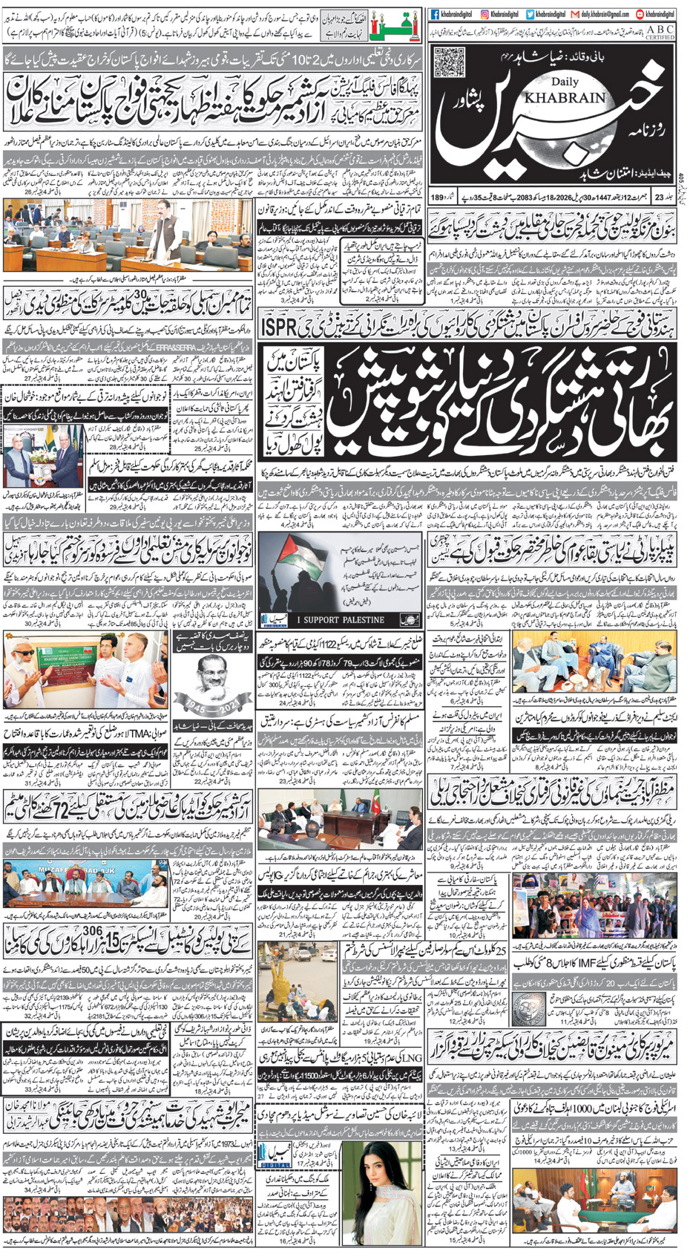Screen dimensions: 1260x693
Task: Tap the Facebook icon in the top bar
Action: [x=434, y=14]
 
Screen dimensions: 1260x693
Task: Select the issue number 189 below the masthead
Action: [x=437, y=197]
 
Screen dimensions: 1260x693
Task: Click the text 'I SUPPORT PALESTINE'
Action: [x=341, y=619]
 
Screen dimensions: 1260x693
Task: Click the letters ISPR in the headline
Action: [x=278, y=325]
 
